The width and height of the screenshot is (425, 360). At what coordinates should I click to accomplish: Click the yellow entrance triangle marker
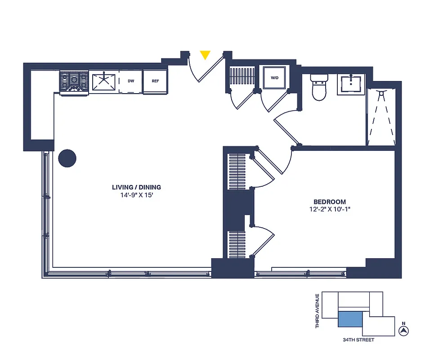[x=205, y=55]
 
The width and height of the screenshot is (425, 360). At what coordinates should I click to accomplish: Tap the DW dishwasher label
[x=131, y=81]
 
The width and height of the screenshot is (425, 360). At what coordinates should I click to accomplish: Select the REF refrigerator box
[x=155, y=81]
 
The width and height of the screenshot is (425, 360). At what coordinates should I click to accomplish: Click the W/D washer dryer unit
[x=274, y=78]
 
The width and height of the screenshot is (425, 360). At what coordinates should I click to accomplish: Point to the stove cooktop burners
[x=74, y=81]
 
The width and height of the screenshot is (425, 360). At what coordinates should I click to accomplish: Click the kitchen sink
[x=104, y=81]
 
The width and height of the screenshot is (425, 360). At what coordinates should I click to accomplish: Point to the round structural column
[x=67, y=158]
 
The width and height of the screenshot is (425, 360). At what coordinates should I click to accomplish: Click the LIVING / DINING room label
[x=136, y=187]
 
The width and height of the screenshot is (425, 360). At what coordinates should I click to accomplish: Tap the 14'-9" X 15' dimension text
[x=136, y=195]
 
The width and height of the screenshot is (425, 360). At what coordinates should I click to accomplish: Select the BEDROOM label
[x=330, y=202]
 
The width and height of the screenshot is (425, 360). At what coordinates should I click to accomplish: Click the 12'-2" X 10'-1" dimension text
[x=330, y=209]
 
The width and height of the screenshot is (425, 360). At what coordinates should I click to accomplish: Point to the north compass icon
[x=404, y=331]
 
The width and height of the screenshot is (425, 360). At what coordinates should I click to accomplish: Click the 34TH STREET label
[x=358, y=340]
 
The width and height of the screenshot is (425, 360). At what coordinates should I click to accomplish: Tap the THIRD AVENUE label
[x=318, y=310]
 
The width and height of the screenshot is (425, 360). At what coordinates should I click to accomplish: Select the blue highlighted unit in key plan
[x=350, y=319]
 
